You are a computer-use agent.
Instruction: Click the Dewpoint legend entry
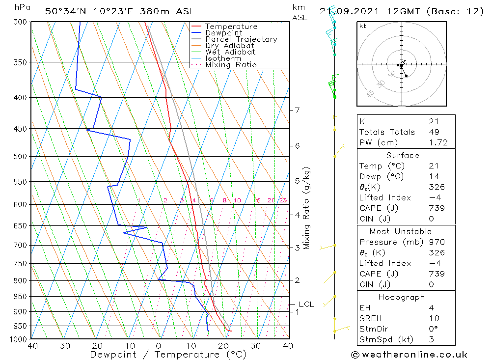click(223, 33)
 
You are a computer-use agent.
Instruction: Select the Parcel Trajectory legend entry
click(241, 39)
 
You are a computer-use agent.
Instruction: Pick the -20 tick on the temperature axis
click(94, 346)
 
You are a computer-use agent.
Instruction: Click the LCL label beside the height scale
click(306, 305)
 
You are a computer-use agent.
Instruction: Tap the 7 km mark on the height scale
click(298, 110)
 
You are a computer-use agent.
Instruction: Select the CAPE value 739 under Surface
click(436, 208)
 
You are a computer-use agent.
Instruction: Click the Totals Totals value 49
click(434, 132)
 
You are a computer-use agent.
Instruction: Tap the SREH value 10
click(434, 318)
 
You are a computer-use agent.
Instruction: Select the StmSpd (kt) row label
click(386, 339)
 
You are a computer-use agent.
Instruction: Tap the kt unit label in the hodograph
click(363, 26)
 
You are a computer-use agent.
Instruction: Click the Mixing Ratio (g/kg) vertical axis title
click(306, 208)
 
